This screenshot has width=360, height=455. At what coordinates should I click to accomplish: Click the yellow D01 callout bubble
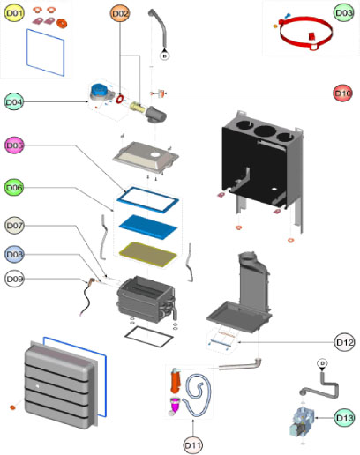click(x=14, y=13)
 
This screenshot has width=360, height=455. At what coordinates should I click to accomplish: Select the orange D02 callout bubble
click(x=120, y=13)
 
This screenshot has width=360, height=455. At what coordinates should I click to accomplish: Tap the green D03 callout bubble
click(x=343, y=12)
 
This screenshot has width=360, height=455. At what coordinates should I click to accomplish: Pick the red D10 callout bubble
click(x=342, y=93)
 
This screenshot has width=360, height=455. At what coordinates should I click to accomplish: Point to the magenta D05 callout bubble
click(x=14, y=145)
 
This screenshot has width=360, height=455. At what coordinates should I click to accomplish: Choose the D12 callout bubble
click(x=344, y=342)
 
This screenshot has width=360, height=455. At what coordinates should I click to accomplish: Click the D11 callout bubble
click(x=192, y=445)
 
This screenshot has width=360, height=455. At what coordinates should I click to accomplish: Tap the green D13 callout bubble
click(x=344, y=418)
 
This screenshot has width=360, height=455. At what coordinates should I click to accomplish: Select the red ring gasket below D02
click(x=120, y=99)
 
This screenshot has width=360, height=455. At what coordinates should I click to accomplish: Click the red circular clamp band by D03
click(x=306, y=33)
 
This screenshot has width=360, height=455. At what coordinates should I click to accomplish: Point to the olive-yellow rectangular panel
click(x=148, y=254)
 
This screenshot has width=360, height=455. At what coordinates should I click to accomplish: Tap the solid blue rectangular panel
click(x=148, y=227)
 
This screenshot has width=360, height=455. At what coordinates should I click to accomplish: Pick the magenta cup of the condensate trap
click(x=176, y=404)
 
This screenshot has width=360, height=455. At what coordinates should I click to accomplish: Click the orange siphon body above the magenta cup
click(x=176, y=380)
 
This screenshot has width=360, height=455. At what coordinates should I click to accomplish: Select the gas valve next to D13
click(x=301, y=422)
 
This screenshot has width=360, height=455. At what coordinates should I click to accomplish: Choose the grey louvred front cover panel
click(x=61, y=385)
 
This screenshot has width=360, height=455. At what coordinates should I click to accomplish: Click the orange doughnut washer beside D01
click(x=62, y=23)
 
